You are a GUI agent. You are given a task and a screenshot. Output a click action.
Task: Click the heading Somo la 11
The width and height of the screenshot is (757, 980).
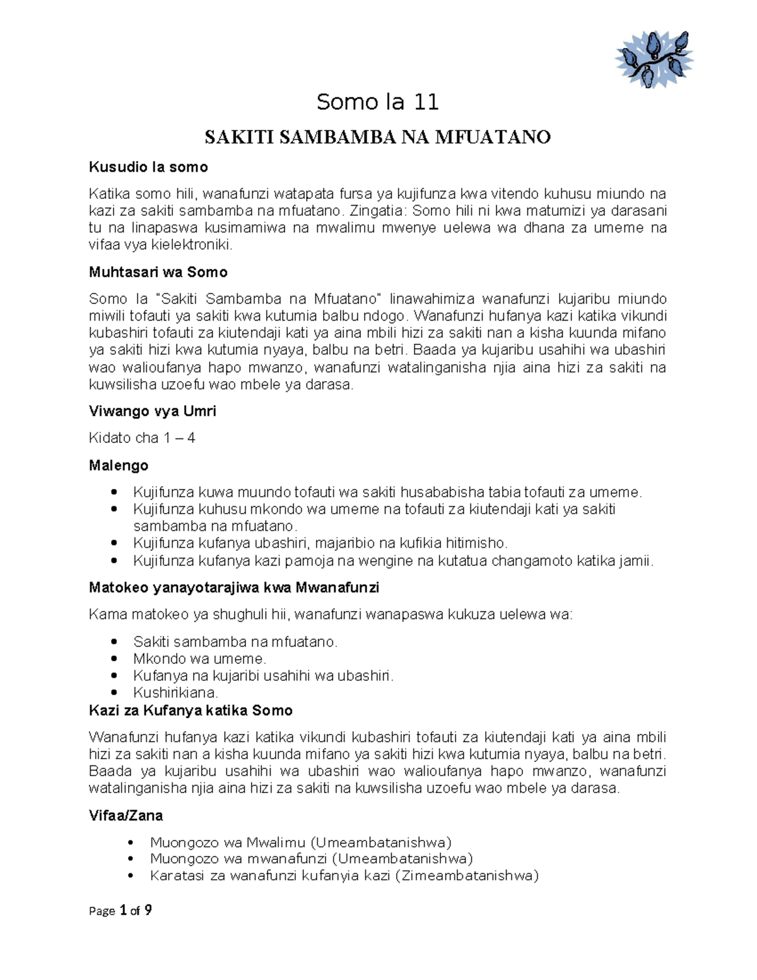pyautogui.click(x=378, y=102)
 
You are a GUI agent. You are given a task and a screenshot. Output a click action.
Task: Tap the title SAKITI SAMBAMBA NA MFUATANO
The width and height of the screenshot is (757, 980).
pyautogui.click(x=378, y=137)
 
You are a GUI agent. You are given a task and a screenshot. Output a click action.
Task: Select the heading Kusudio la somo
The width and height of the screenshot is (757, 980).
pyautogui.click(x=148, y=167)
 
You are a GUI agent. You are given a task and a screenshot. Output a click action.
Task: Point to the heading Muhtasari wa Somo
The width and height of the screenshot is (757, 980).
pyautogui.click(x=158, y=273)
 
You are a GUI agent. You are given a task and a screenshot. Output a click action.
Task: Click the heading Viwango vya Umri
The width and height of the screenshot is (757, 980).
pyautogui.click(x=153, y=411)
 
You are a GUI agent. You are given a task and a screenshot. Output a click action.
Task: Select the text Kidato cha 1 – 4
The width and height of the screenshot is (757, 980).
pyautogui.click(x=142, y=438)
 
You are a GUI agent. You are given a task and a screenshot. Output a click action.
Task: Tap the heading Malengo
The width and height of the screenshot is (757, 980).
pyautogui.click(x=119, y=466)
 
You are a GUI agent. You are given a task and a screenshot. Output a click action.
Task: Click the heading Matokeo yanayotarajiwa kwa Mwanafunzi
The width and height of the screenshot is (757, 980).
pyautogui.click(x=234, y=588)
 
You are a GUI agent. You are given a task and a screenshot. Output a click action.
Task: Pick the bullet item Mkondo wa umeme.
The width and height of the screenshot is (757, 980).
pyautogui.click(x=200, y=659)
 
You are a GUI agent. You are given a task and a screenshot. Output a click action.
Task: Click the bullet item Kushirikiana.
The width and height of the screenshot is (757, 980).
pyautogui.click(x=175, y=693)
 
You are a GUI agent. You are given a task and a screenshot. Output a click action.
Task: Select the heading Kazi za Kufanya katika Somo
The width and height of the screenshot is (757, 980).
pyautogui.click(x=191, y=711)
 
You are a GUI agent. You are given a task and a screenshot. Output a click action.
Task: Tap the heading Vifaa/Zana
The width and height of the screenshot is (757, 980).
pyautogui.click(x=126, y=816)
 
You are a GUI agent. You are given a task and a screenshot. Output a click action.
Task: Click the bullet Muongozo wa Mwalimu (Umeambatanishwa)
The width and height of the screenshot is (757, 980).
pyautogui.click(x=301, y=842)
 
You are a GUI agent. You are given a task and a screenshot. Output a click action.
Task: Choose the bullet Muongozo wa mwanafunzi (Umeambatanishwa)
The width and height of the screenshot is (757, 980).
pyautogui.click(x=312, y=859)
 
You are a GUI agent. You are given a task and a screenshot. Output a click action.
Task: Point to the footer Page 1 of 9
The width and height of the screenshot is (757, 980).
pyautogui.click(x=120, y=911)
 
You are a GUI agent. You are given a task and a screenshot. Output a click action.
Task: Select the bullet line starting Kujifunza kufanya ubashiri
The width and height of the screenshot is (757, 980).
pyautogui.click(x=320, y=543)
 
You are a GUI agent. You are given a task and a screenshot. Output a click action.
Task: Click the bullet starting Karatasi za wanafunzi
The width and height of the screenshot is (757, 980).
pyautogui.click(x=344, y=876)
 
